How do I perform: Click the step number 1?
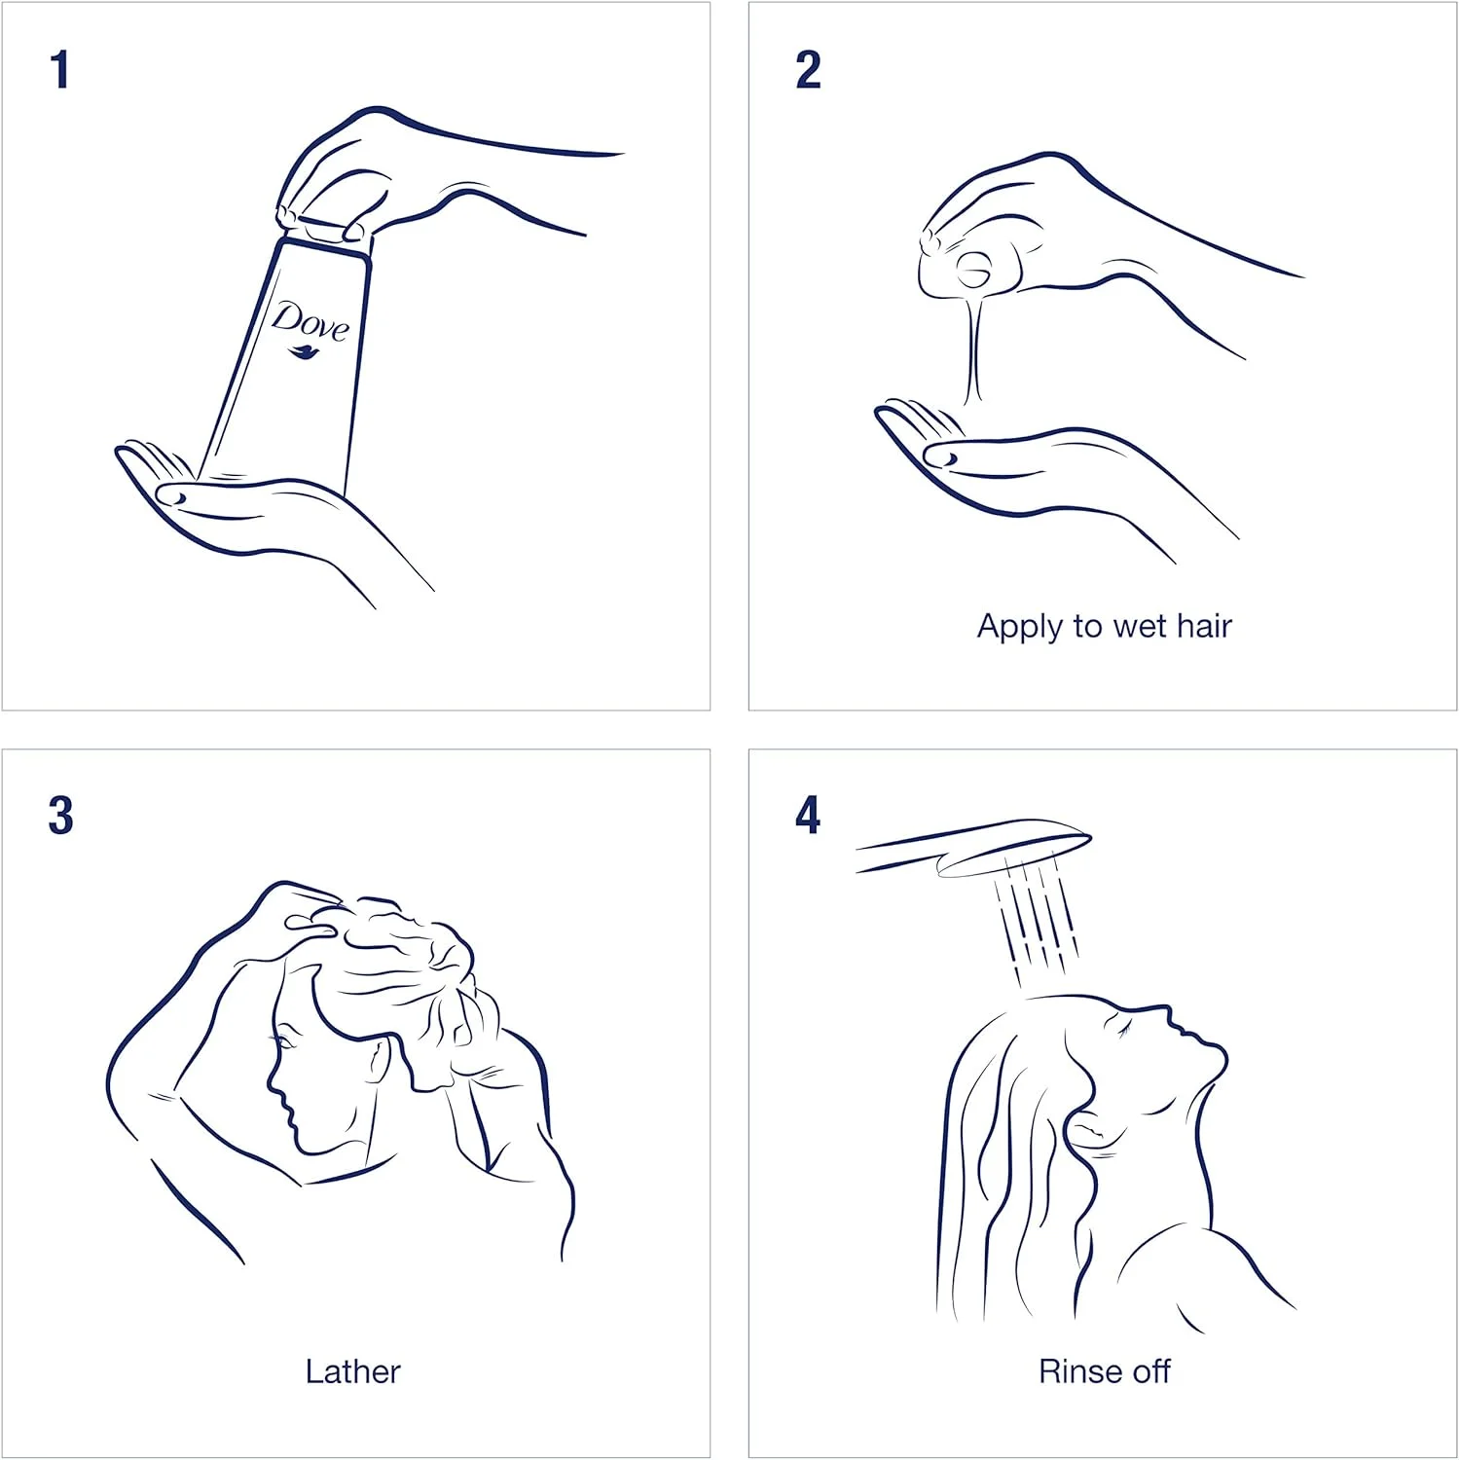60,70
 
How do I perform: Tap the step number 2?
808,70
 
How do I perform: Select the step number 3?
60,816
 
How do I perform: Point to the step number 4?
808,816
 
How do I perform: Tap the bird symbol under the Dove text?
308,351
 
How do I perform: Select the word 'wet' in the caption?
1138,626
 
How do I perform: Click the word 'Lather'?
352,1371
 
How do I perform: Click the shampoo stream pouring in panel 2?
973,346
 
